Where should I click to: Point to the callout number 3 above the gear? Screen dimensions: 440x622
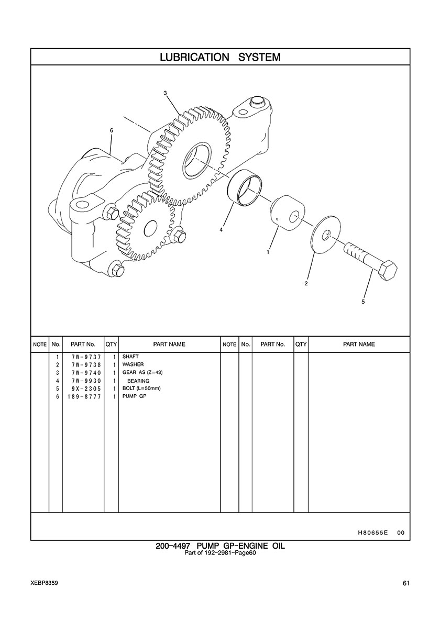165,93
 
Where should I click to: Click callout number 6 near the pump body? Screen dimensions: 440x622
112,130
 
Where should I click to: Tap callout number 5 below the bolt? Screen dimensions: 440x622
363,302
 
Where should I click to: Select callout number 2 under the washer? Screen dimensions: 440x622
306,283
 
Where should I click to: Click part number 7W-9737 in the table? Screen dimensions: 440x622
86,357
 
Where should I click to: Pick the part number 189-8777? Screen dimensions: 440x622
84,396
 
